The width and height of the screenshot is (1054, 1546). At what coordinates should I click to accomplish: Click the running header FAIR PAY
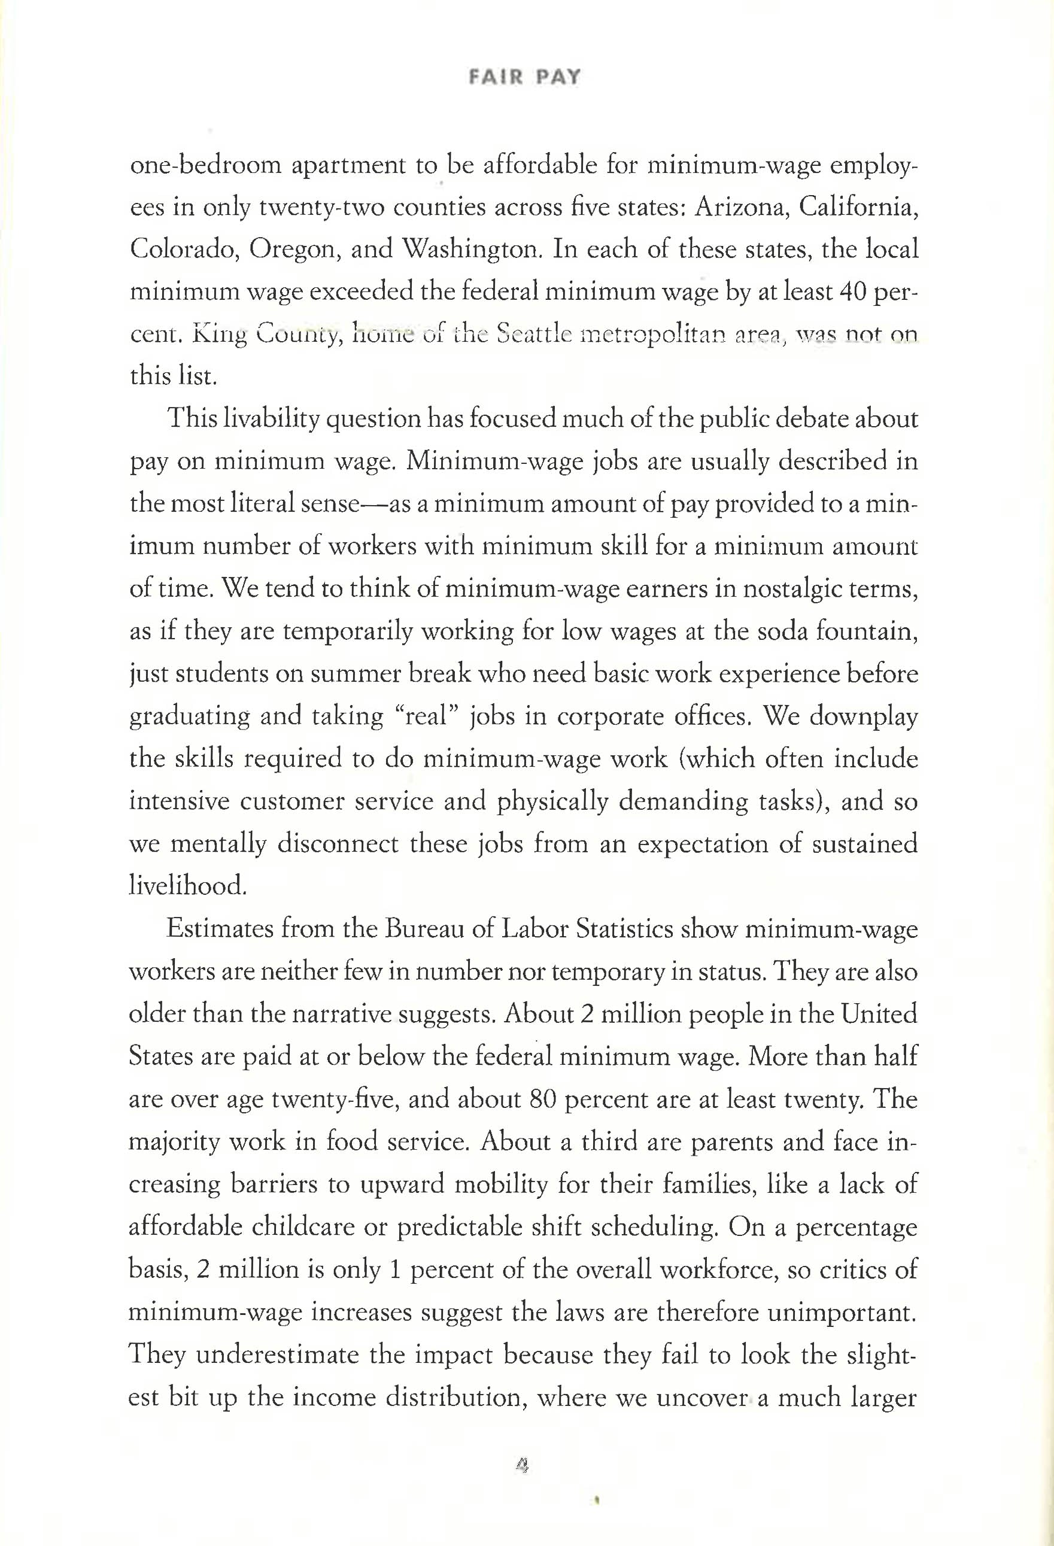[x=525, y=78]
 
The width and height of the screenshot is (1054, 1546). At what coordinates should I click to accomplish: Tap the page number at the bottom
[x=523, y=1464]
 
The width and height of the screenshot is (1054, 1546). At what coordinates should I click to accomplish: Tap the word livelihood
[x=188, y=886]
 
